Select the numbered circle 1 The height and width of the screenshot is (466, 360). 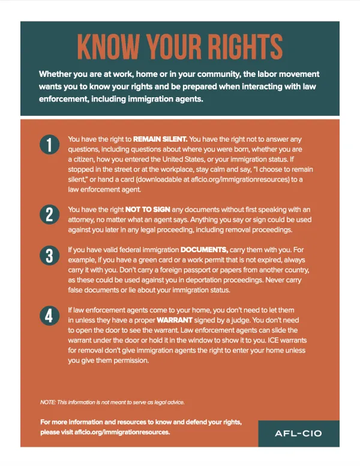[x=48, y=145]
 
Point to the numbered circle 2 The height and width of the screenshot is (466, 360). [x=48, y=214]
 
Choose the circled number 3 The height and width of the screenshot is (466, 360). [x=48, y=255]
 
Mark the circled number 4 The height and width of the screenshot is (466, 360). [x=48, y=316]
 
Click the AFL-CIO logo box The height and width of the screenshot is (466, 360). [x=299, y=434]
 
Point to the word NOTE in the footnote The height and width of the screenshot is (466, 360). [x=47, y=402]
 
